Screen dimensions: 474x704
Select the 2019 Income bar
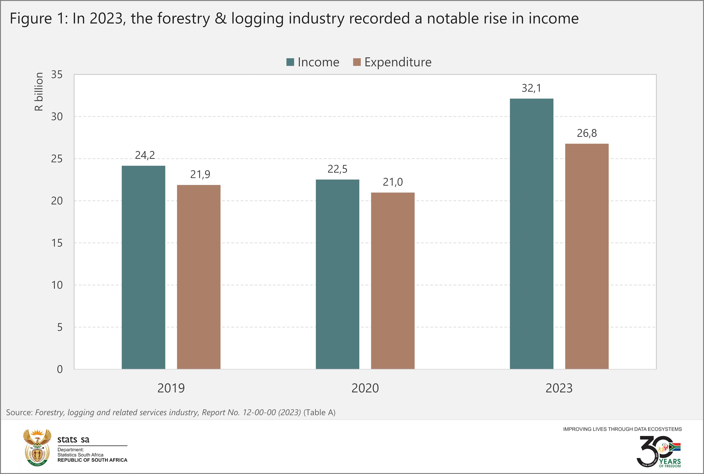143,267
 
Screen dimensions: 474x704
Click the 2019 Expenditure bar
199,277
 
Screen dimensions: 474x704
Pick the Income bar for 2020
337,274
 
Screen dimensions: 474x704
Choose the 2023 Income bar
532,234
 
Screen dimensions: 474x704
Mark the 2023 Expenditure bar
587,256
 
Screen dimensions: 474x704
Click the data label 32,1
532,88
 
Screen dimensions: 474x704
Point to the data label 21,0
393,182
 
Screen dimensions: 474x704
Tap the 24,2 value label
145,155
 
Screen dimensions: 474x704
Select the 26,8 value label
587,133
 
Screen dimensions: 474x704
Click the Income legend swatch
290,62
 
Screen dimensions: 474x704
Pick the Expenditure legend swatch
357,62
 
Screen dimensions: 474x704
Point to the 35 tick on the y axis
57,74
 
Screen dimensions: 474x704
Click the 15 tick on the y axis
57,243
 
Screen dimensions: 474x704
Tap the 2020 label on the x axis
365,388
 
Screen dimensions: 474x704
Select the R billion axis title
39,92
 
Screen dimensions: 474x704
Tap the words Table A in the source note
319,413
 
